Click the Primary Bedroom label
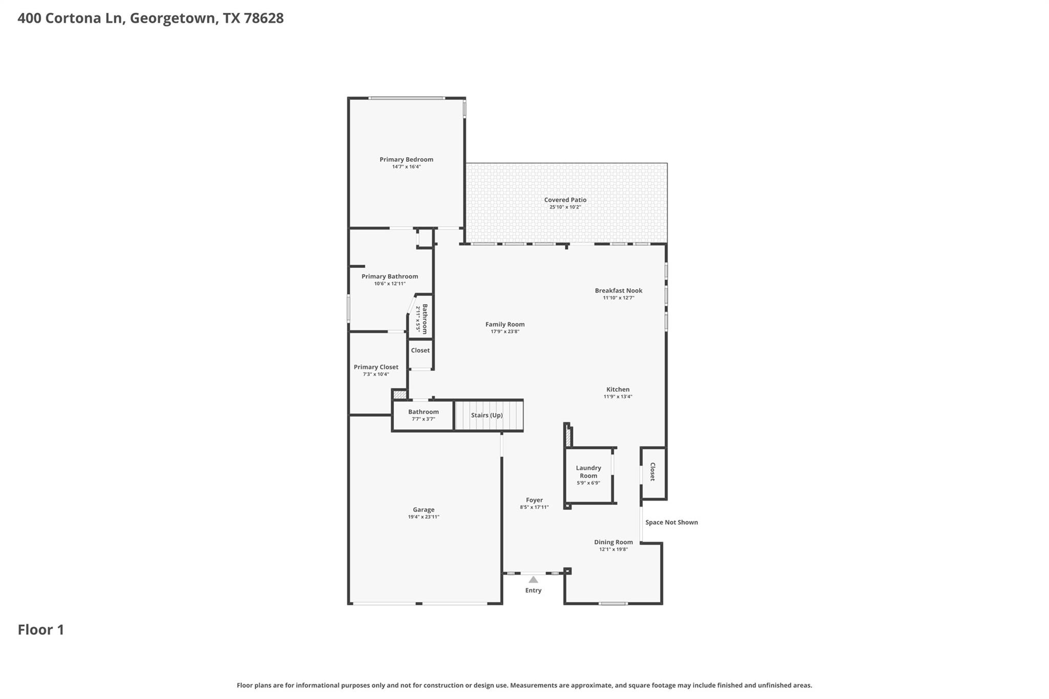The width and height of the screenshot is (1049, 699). [406, 159]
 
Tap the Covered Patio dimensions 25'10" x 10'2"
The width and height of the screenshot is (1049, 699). [565, 207]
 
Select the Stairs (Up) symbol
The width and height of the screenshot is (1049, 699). [488, 415]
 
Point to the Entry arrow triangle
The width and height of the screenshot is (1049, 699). [533, 580]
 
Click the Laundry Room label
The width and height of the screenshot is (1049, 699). [588, 472]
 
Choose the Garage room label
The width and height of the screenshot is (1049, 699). [424, 510]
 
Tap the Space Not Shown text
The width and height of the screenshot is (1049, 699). [671, 522]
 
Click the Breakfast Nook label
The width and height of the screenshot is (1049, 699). [618, 290]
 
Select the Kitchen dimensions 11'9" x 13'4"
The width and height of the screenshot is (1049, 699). [618, 396]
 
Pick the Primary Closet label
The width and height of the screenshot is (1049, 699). [376, 367]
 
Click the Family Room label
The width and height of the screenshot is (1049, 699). [505, 324]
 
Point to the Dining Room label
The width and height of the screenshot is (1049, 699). [613, 542]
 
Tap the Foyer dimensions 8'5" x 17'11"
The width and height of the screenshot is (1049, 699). [534, 507]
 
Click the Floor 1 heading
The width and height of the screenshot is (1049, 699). [41, 630]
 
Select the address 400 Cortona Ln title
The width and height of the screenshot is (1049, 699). [151, 18]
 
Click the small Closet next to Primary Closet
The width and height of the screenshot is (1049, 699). [420, 350]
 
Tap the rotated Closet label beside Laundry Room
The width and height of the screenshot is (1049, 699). [653, 472]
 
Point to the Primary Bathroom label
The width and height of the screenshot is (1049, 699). [389, 277]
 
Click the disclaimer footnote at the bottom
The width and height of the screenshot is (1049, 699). [524, 685]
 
